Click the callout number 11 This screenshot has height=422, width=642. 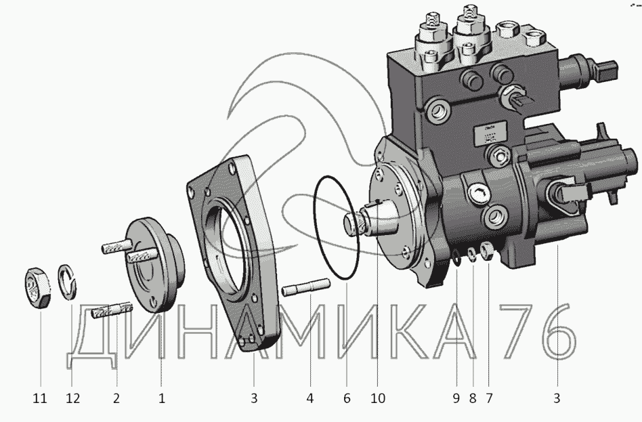point(40,398)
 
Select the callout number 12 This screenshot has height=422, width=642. point(72,398)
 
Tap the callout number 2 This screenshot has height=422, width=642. point(117,398)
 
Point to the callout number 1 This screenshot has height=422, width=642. point(161,398)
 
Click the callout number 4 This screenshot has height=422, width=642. point(310,398)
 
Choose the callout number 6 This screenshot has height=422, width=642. point(347,398)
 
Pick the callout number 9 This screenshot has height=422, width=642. point(456,398)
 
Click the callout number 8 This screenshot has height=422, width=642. point(472,398)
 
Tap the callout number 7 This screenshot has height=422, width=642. point(488,398)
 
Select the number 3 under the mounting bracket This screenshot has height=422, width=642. point(254,398)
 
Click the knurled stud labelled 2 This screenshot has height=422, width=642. point(112,314)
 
